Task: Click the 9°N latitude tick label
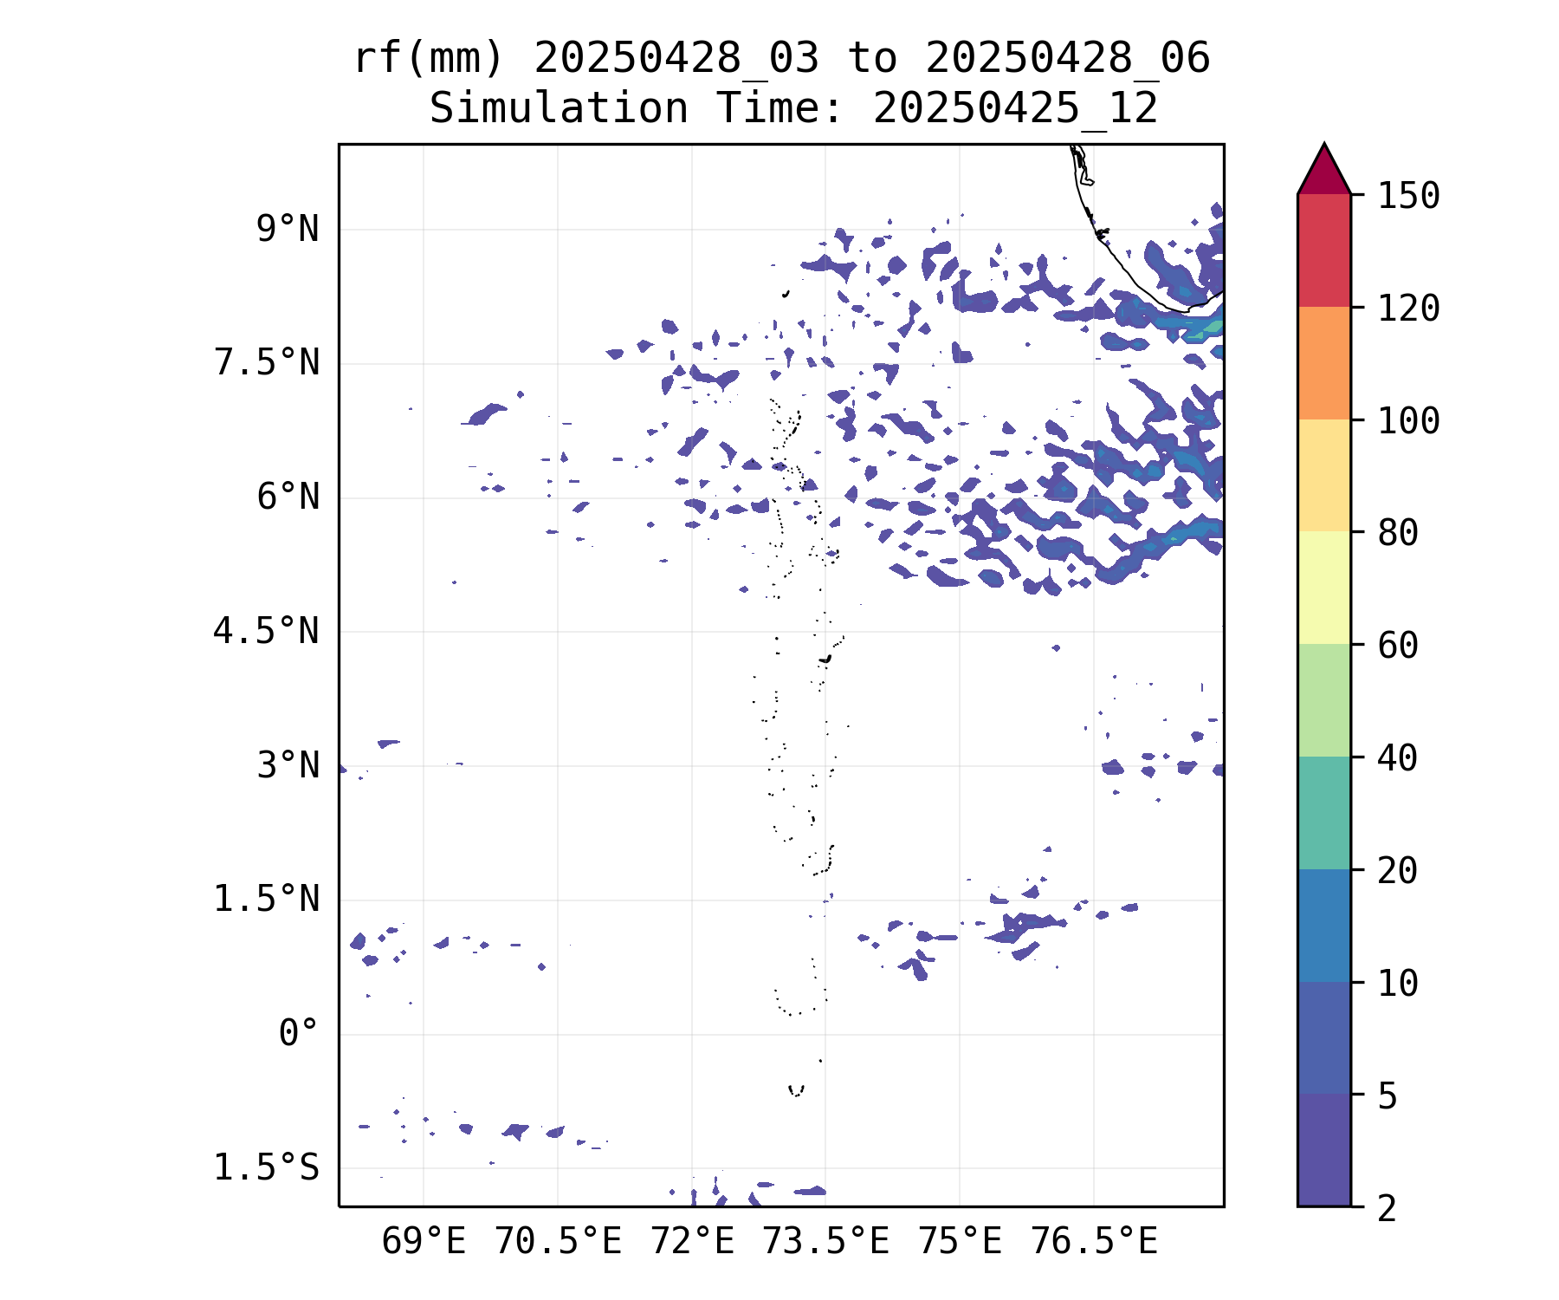[288, 230]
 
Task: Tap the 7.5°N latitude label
[267, 363]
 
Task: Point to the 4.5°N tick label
[267, 632]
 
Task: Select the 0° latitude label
[299, 1034]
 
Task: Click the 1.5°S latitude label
[267, 1168]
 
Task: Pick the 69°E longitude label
[424, 1242]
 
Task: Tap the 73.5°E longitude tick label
[825, 1242]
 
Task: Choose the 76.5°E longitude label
[1094, 1242]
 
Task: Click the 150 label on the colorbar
[1409, 196]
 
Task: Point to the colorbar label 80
[1398, 533]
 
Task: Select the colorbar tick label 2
[1388, 1208]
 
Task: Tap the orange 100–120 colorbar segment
[1323, 363]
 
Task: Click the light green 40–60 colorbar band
[1323, 700]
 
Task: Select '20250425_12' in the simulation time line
[1015, 109]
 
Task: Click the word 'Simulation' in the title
[559, 109]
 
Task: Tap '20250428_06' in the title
[1067, 59]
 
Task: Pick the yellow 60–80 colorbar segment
[1323, 588]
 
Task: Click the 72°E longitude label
[692, 1242]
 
